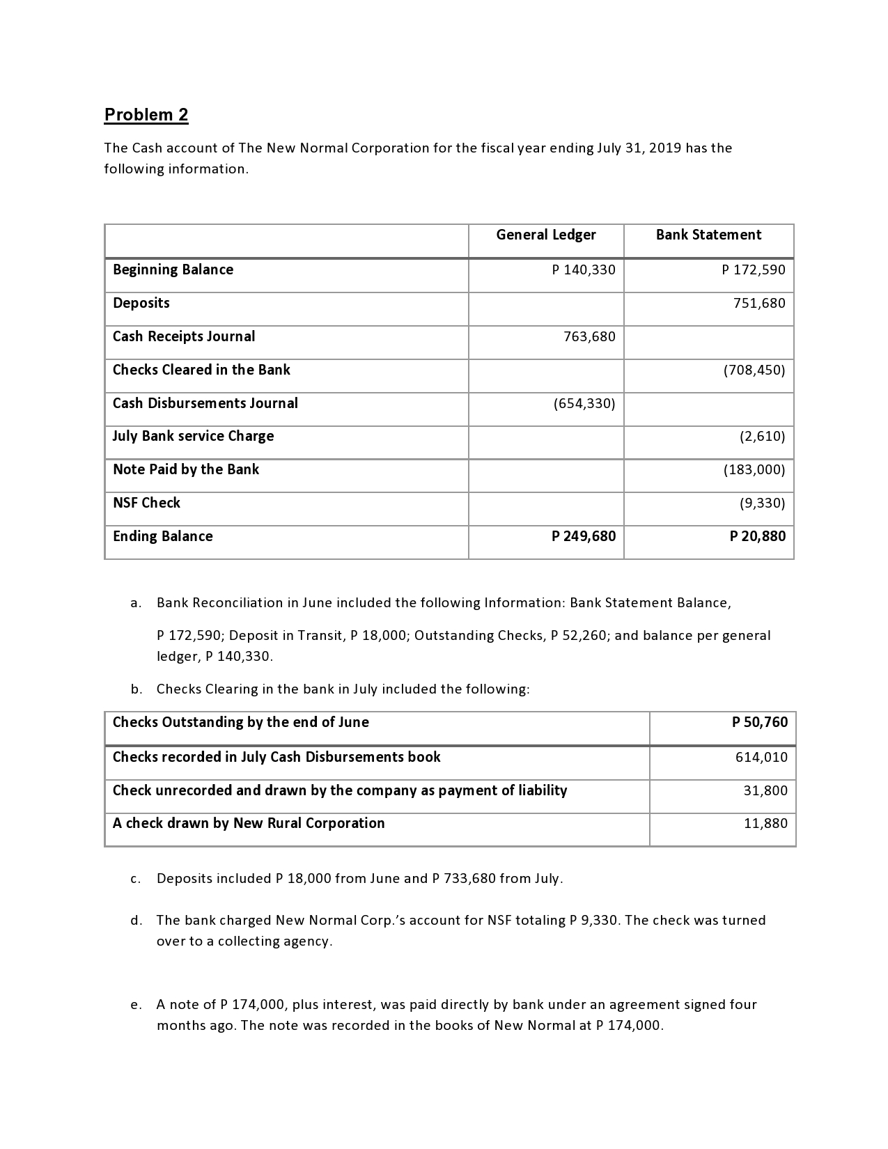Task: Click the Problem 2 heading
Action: coord(146,115)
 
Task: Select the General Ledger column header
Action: coord(545,235)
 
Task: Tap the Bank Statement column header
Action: coord(708,235)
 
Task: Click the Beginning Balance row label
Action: coord(173,270)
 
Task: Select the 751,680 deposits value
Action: coord(759,304)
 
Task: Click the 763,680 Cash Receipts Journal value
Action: coord(589,337)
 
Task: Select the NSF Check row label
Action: coord(146,503)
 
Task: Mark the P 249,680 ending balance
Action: coord(583,536)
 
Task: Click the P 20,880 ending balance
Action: coord(757,536)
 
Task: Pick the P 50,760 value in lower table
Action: coord(759,723)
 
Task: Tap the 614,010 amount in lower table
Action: coord(761,758)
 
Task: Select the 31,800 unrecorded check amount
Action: coord(765,791)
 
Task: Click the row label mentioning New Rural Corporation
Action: coord(249,824)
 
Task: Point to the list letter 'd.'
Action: coord(137,921)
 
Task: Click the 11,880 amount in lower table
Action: coord(765,824)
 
